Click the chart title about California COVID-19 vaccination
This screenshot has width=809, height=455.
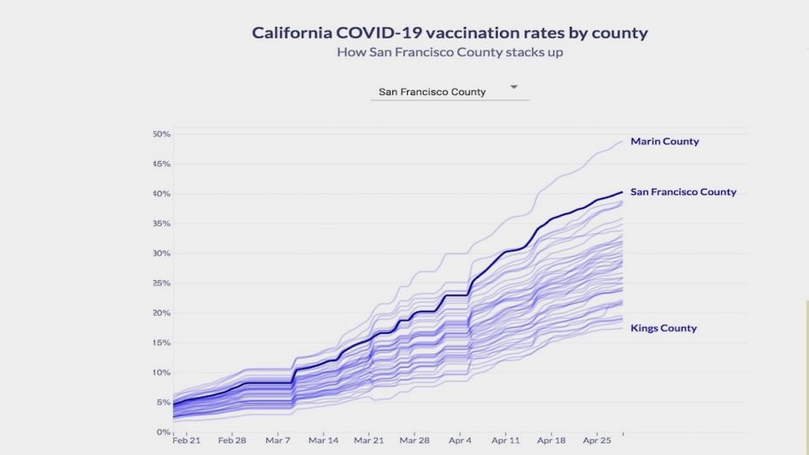pos(450,33)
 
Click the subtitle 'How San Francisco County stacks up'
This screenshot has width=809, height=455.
pos(449,52)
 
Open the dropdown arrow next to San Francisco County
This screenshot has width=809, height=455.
pos(513,87)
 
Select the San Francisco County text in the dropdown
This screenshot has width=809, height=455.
pos(432,91)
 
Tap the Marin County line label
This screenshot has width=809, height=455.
pos(665,141)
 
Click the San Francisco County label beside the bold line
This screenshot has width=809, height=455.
pos(683,192)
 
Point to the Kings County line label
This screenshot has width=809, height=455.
pos(664,328)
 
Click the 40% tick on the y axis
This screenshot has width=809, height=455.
pos(161,193)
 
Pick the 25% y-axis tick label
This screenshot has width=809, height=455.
pos(161,283)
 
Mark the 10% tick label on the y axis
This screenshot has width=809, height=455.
pos(161,372)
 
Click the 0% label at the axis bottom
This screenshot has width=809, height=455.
pos(163,432)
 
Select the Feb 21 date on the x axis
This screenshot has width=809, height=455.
pos(186,441)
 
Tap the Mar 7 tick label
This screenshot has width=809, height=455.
pos(277,441)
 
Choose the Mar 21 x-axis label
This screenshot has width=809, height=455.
pos(369,441)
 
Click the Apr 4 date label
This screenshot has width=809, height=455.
pos(459,441)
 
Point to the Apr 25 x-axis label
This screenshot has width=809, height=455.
pos(596,441)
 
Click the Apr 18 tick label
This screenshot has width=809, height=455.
pos(551,441)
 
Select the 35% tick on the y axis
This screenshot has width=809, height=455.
pos(161,224)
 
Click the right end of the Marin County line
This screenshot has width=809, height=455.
pos(622,141)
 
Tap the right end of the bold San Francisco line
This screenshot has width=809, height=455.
pos(622,192)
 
